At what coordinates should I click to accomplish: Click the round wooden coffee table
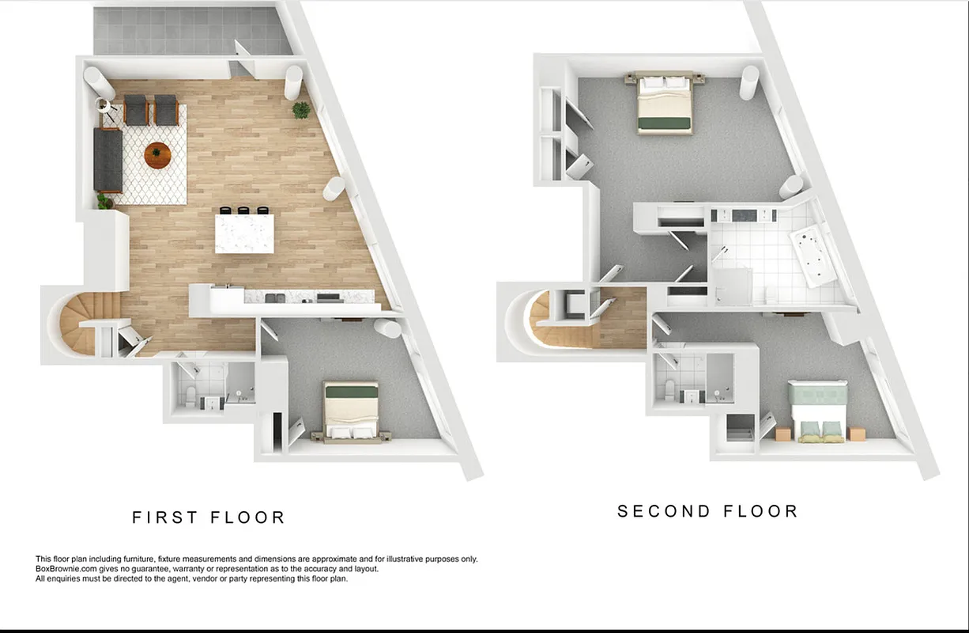157,155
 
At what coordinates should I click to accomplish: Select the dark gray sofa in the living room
108,161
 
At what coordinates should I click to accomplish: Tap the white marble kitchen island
245,234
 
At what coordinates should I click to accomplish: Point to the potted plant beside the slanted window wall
301,110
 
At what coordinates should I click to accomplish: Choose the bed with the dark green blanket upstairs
665,104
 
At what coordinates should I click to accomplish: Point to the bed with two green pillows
820,409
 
